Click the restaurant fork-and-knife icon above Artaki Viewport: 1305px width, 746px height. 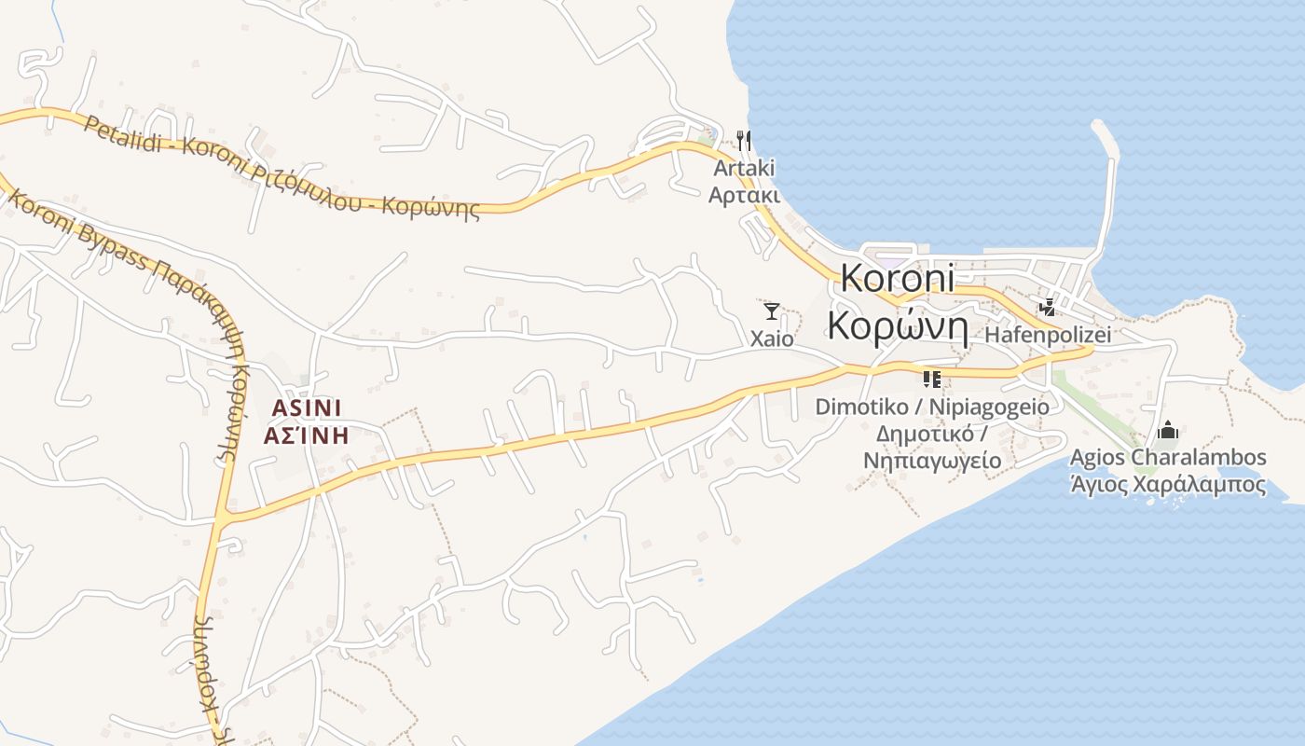click(x=744, y=141)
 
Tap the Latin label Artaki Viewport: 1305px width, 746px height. click(x=744, y=169)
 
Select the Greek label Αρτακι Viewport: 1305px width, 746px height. click(x=744, y=195)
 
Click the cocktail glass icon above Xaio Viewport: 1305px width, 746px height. click(x=772, y=311)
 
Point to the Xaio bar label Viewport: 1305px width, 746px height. click(x=772, y=338)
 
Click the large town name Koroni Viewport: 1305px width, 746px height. click(x=898, y=279)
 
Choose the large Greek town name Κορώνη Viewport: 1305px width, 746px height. click(x=898, y=325)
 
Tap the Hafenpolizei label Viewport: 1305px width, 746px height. click(x=1048, y=335)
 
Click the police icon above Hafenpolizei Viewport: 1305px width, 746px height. click(x=1049, y=307)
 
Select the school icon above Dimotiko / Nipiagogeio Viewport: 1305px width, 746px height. click(x=931, y=379)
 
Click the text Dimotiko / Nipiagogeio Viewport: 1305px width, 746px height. click(x=931, y=407)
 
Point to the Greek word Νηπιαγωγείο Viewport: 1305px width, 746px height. click(x=931, y=460)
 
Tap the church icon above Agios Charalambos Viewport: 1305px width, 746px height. click(x=1168, y=431)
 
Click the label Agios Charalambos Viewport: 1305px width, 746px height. click(x=1168, y=458)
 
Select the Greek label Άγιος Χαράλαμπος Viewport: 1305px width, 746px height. click(x=1168, y=485)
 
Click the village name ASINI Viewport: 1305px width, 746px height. click(x=307, y=408)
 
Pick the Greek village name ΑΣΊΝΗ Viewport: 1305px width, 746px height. click(x=307, y=435)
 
